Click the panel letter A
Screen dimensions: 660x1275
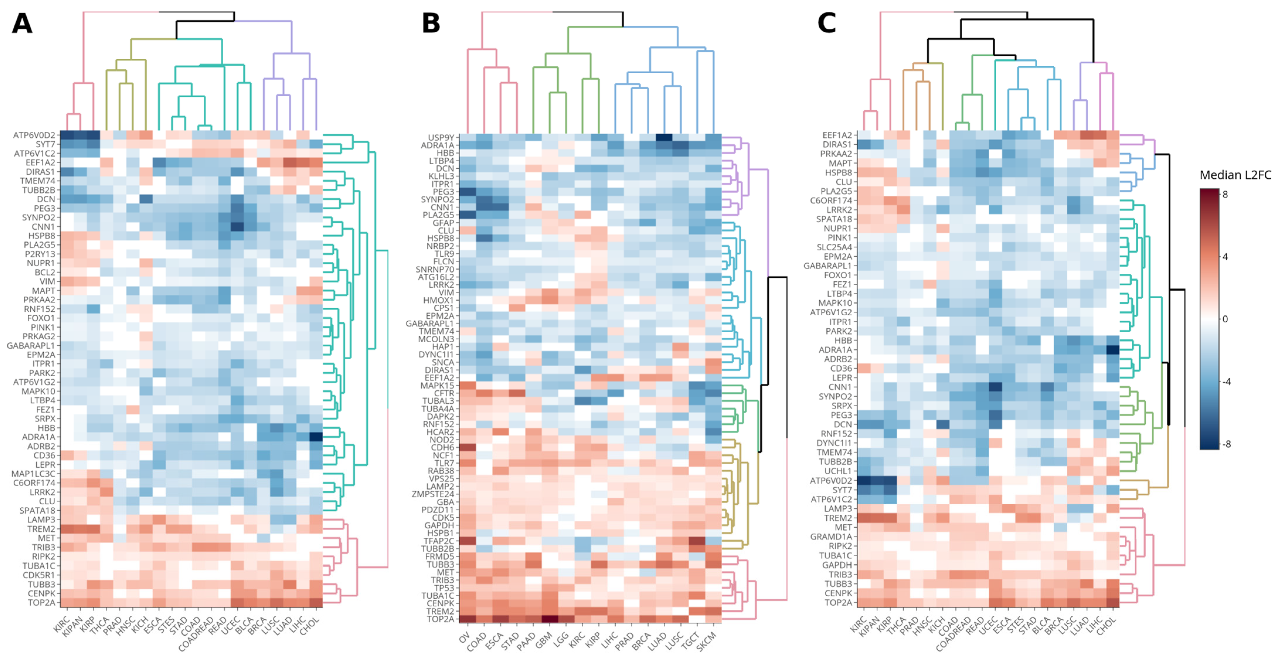tap(22, 23)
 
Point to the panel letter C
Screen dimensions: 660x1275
tap(827, 23)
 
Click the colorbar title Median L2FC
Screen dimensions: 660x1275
tap(1235, 175)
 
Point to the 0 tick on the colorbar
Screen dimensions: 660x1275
tap(1225, 319)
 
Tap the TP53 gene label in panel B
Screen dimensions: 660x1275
tap(444, 588)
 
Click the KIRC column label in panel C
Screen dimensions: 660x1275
tap(859, 625)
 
